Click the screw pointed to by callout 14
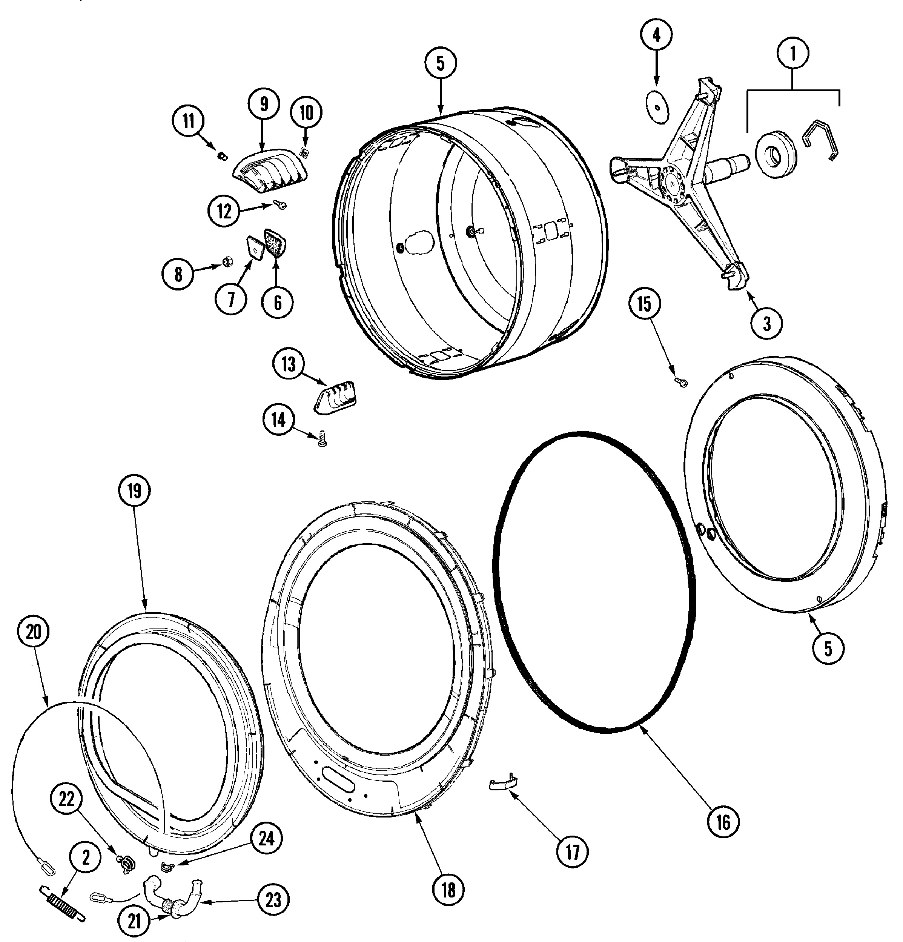coord(321,439)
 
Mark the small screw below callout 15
coord(681,382)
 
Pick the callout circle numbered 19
coord(135,491)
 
